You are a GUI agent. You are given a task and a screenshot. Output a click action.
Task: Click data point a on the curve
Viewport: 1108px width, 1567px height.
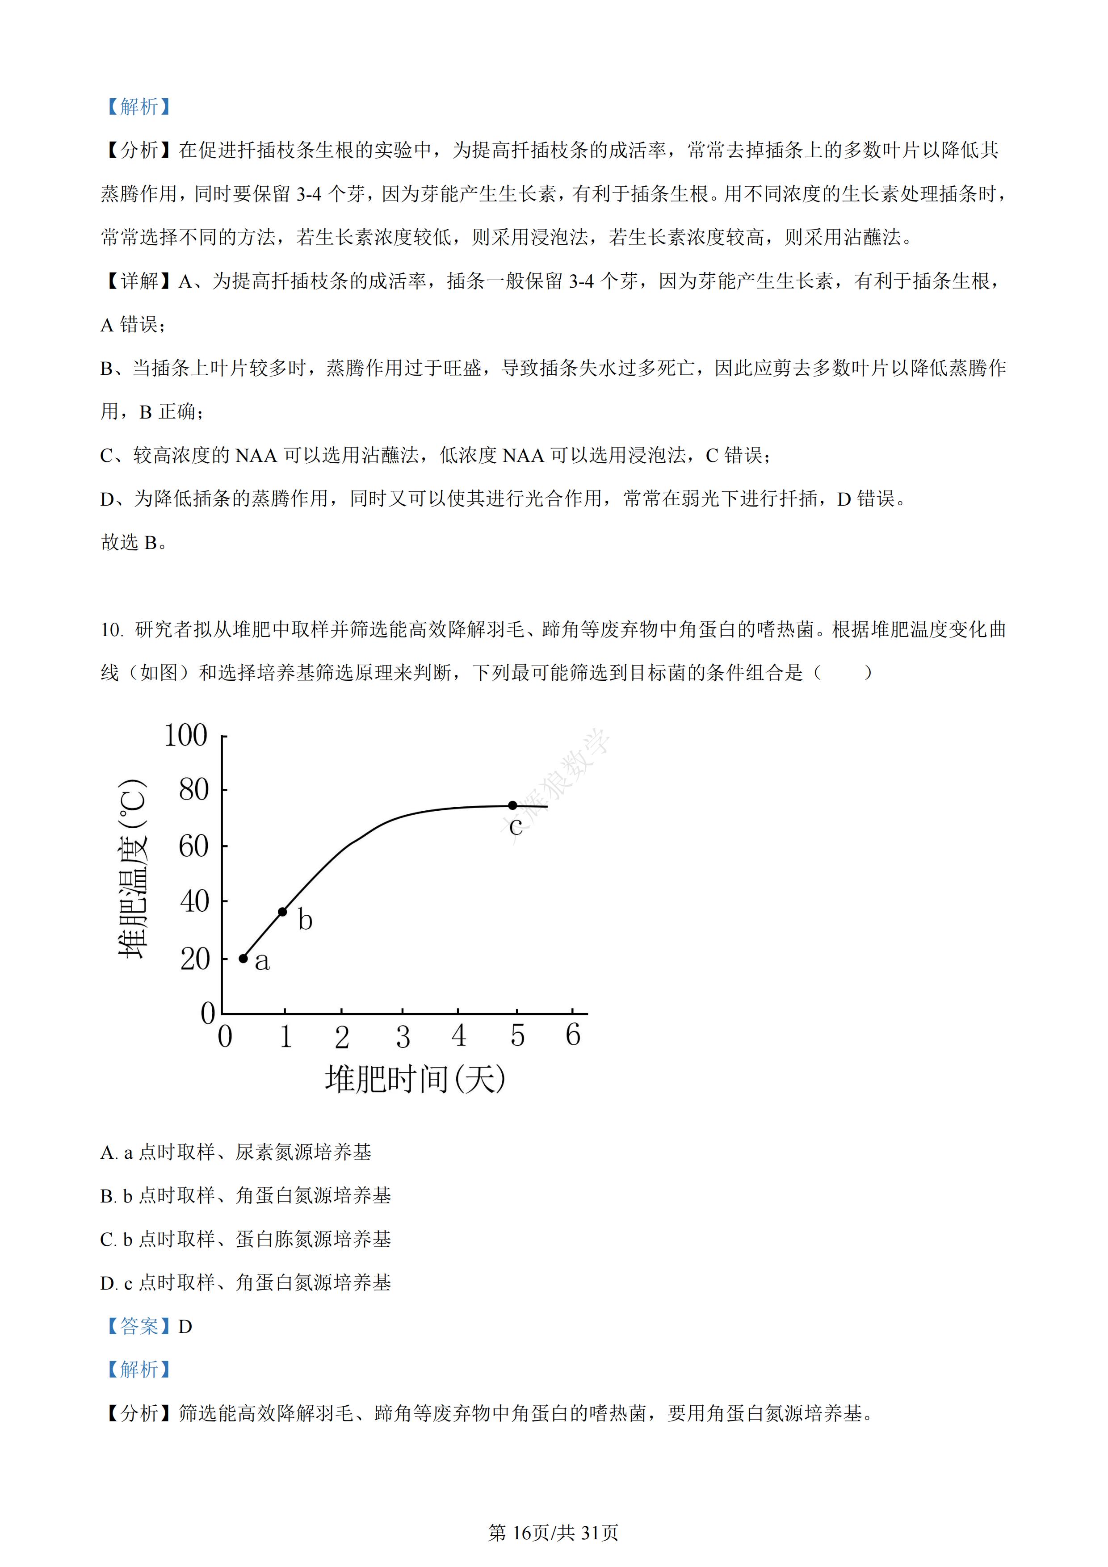[243, 958]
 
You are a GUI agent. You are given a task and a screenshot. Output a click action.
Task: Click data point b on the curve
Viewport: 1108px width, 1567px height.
[283, 912]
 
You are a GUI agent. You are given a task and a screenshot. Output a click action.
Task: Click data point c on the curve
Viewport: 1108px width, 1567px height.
[513, 805]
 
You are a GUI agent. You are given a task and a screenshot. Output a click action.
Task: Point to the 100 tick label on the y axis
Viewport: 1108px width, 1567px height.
[186, 736]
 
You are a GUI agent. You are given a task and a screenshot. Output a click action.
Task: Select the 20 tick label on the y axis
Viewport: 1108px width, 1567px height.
[194, 959]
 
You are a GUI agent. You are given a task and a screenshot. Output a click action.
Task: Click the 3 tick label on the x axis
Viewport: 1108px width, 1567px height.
[403, 1037]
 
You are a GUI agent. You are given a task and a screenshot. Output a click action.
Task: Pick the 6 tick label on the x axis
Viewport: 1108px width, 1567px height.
[573, 1035]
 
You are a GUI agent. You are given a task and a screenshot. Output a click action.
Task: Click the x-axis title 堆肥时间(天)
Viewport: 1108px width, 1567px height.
[415, 1079]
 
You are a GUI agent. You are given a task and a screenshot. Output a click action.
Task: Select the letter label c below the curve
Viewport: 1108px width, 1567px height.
[516, 826]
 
